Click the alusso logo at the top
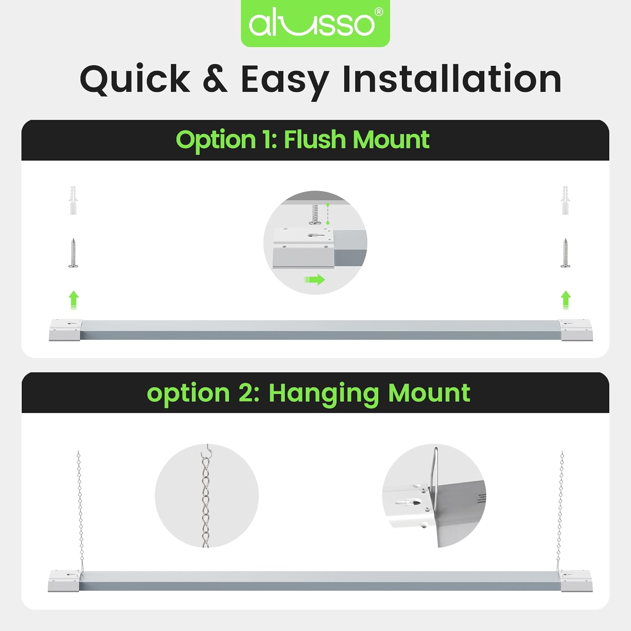click(x=315, y=23)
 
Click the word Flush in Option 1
click(x=314, y=140)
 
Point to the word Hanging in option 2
click(x=323, y=393)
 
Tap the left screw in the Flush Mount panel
click(x=73, y=253)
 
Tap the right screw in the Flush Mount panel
click(x=565, y=253)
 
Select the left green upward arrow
click(x=74, y=300)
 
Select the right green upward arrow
click(x=566, y=300)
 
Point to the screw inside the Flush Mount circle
click(x=315, y=214)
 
